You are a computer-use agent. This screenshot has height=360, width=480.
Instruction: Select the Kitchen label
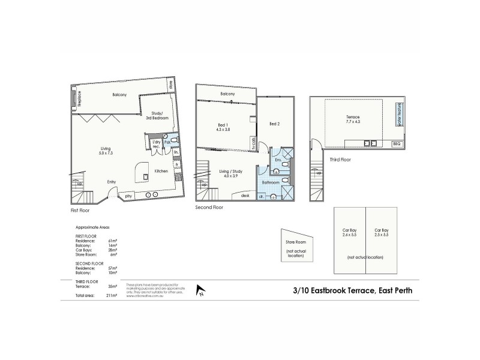161,172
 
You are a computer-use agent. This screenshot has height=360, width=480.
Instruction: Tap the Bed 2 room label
275,124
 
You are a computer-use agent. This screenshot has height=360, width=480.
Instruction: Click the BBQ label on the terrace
395,143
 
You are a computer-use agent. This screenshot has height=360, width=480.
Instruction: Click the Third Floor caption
340,160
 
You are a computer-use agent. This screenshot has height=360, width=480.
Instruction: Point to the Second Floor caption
209,207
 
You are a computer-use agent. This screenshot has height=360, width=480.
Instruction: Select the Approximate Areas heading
93,228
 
